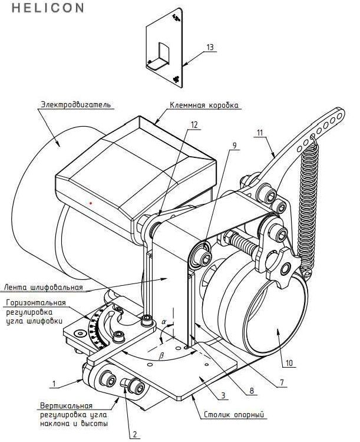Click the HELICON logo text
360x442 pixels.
[x=48, y=8]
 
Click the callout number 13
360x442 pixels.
[x=210, y=47]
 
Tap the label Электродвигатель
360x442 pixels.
[x=76, y=104]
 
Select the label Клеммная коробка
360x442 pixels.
[x=204, y=105]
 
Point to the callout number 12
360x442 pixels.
[x=194, y=124]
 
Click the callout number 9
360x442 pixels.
[x=235, y=146]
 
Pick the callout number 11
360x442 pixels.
[x=260, y=132]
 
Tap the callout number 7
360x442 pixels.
[x=282, y=382]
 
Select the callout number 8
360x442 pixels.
[x=252, y=390]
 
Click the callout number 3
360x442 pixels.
[x=223, y=395]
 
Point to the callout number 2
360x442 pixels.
[x=135, y=434]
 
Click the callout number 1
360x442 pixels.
[x=54, y=384]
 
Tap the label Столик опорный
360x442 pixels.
[x=234, y=414]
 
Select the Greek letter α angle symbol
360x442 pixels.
[x=164, y=321]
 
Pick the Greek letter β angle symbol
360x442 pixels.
[x=161, y=356]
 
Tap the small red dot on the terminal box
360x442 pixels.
[x=91, y=203]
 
